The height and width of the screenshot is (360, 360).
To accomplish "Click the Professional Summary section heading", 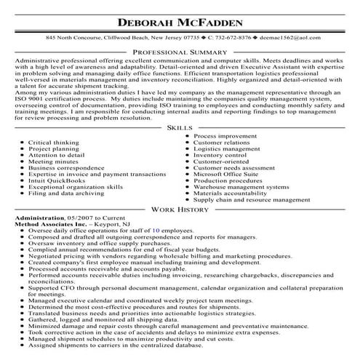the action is click(180, 52).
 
